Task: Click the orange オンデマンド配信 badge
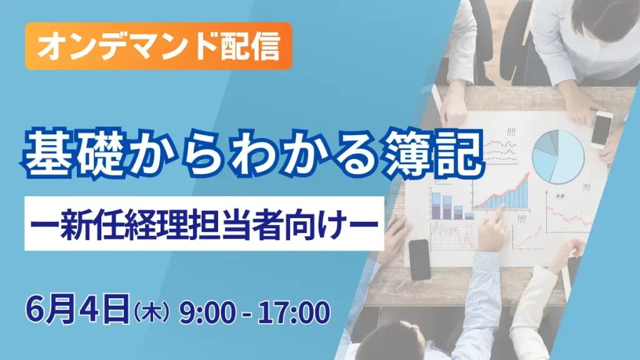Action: point(159,46)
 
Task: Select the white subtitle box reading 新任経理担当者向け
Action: point(204,223)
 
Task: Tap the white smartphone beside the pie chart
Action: point(601,129)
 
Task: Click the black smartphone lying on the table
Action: point(420,259)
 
